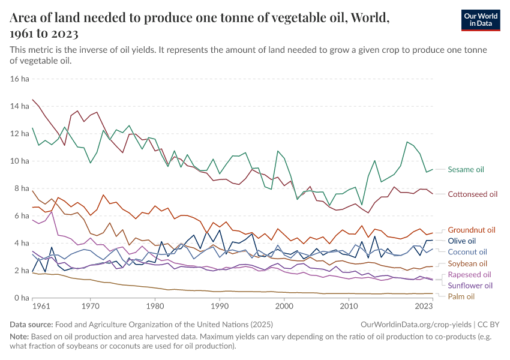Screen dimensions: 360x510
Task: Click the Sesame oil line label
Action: [x=466, y=170]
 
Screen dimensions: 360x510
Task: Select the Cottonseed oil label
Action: [x=472, y=194]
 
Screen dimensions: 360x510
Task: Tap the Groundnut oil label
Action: [x=471, y=230]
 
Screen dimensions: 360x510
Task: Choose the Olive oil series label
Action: [x=462, y=241]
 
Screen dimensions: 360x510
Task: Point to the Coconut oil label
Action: [x=467, y=252]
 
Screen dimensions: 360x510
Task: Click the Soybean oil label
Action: [x=467, y=263]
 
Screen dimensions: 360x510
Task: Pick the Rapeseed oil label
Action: [x=469, y=275]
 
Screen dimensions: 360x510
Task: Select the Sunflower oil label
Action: [x=470, y=286]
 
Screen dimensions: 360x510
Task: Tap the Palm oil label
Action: [x=461, y=296]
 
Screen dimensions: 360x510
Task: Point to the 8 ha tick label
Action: [x=22, y=188]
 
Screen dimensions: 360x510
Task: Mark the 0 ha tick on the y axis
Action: [x=22, y=298]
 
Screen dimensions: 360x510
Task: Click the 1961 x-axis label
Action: [x=42, y=306]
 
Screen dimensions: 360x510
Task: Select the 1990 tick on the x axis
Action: [x=220, y=306]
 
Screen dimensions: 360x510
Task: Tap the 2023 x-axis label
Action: [x=423, y=306]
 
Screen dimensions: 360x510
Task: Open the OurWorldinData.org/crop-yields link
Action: [x=411, y=324]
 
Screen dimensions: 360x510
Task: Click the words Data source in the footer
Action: [x=32, y=324]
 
